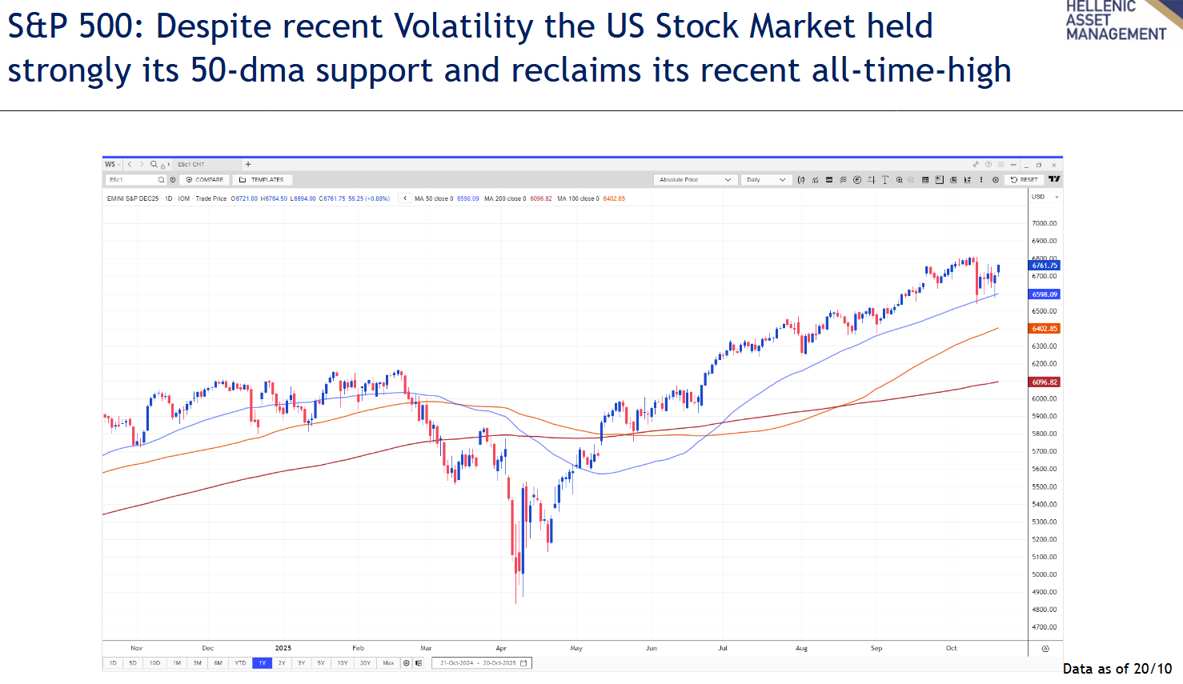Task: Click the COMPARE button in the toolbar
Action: pyautogui.click(x=205, y=180)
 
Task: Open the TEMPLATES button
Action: pyautogui.click(x=263, y=180)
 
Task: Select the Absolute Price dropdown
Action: pyautogui.click(x=694, y=180)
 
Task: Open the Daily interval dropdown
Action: pyautogui.click(x=765, y=180)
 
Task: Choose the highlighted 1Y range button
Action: pyautogui.click(x=262, y=663)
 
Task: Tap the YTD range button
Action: pyautogui.click(x=240, y=663)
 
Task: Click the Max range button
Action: pyautogui.click(x=388, y=663)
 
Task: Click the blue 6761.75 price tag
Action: pyautogui.click(x=1045, y=266)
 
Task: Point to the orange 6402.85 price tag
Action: pyautogui.click(x=1045, y=329)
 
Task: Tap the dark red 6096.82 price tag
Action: pyautogui.click(x=1045, y=382)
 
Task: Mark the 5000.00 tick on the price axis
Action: pyautogui.click(x=1045, y=574)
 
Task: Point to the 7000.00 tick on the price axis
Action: pyautogui.click(x=1045, y=223)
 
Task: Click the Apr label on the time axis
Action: pyautogui.click(x=501, y=648)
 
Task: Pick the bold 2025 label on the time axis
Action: pyautogui.click(x=283, y=648)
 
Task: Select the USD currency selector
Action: pyautogui.click(x=1045, y=197)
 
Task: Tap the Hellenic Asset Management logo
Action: pyautogui.click(x=1117, y=20)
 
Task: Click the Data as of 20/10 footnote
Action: pyautogui.click(x=1117, y=669)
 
